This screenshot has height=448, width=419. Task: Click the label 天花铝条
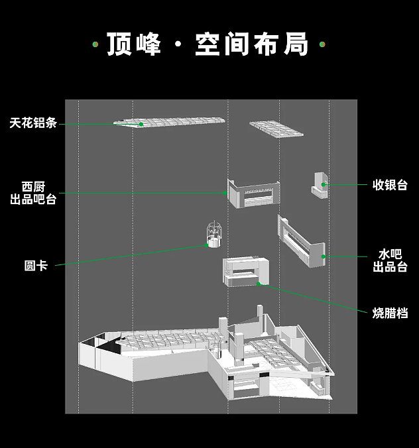coord(33,123)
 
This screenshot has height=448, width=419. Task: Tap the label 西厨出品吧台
coord(33,192)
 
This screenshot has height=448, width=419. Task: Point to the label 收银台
coord(390,185)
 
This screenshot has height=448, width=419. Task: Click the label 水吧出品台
coord(390,260)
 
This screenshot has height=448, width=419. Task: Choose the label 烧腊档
coord(390,313)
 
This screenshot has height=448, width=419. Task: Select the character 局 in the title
coord(296,44)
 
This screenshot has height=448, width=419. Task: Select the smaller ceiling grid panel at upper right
coord(276,128)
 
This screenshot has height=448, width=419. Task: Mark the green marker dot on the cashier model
coord(324,184)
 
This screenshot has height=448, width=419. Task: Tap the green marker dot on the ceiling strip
coord(141,124)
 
